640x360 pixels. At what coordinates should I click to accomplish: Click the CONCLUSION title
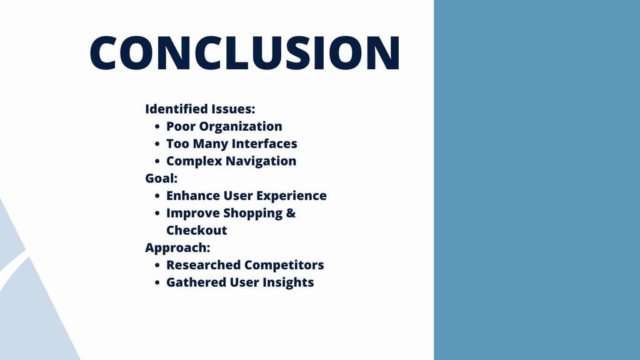pyautogui.click(x=245, y=52)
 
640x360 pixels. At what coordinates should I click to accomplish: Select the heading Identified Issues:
pyautogui.click(x=200, y=109)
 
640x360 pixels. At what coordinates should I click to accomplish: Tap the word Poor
pyautogui.click(x=181, y=126)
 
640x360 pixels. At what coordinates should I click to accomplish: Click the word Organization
pyautogui.click(x=241, y=127)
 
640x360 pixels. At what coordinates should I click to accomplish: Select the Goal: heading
pyautogui.click(x=161, y=178)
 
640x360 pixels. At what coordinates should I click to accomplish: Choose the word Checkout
pyautogui.click(x=197, y=230)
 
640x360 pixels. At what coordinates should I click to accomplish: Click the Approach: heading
pyautogui.click(x=177, y=248)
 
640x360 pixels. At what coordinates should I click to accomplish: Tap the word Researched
pyautogui.click(x=203, y=265)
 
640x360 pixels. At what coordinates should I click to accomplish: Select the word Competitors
pyautogui.click(x=284, y=266)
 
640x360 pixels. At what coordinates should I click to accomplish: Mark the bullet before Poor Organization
pyautogui.click(x=157, y=127)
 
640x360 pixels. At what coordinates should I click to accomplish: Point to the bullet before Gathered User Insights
pyautogui.click(x=157, y=283)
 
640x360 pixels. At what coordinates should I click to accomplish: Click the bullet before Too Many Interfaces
pyautogui.click(x=157, y=144)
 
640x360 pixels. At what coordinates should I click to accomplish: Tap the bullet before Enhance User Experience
pyautogui.click(x=157, y=196)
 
